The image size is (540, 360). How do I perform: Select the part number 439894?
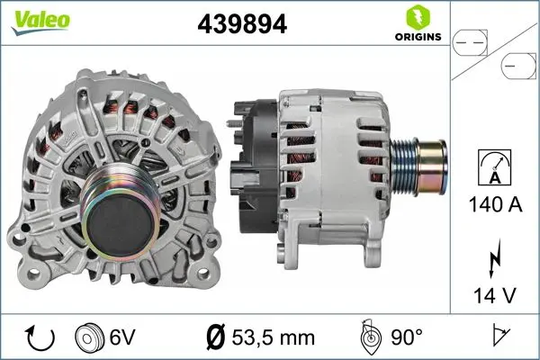pos(242,25)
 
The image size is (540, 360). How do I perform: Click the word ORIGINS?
pos(417,37)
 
